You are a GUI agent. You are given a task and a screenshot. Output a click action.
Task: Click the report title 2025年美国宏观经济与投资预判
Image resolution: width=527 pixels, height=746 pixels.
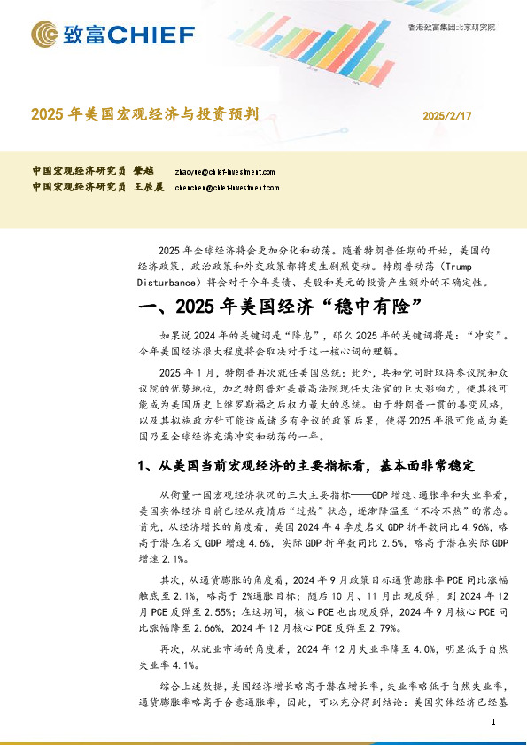click(x=144, y=114)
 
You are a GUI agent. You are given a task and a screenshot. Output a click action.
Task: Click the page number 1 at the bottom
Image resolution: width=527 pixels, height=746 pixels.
click(x=492, y=724)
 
